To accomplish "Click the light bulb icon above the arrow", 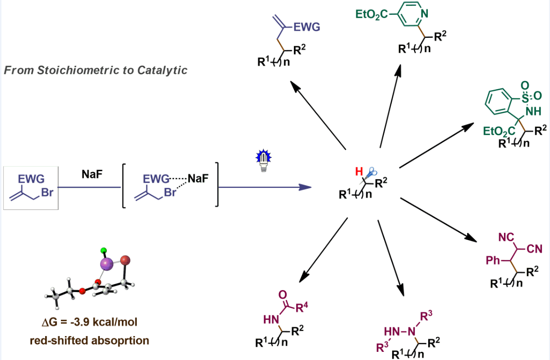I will click(262, 161).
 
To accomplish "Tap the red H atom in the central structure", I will click(357, 172).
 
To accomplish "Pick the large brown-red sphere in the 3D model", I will click(125, 261).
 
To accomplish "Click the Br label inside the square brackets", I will click(171, 194).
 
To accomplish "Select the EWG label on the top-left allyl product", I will click(307, 28).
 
